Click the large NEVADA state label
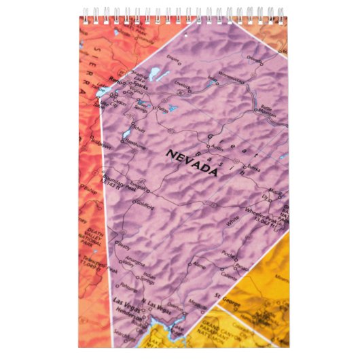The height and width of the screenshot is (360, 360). pyautogui.click(x=192, y=163)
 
